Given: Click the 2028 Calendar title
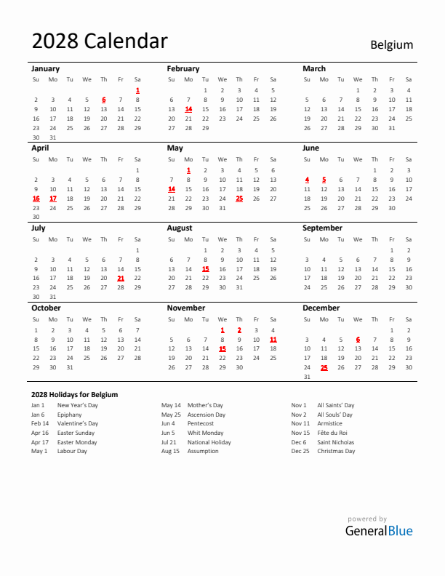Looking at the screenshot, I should pos(100,41).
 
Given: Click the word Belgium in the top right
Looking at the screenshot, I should pos(391,44).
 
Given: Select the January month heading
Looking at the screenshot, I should pos(46,68).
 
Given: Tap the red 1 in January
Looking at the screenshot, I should pos(137,90).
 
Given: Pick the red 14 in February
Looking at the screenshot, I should pos(188,109).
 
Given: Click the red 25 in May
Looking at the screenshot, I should pos(239,198).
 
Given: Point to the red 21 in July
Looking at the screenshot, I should pos(121,278).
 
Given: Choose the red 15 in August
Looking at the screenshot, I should pos(205,268).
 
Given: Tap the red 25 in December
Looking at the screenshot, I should pos(324,367).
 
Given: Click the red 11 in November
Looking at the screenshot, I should pos(273,339).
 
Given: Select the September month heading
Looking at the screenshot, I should pos(322,228).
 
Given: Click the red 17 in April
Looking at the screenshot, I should pos(52,198).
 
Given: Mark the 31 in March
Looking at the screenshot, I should pos(392,128).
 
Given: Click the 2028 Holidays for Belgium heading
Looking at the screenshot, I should pos(74,394).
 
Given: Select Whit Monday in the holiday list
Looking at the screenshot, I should pos(205,433).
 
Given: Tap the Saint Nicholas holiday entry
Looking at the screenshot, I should pos(336,442).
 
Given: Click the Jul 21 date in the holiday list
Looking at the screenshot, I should pos(169,442).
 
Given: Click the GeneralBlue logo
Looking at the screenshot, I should pos(378,530).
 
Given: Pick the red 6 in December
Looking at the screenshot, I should pos(358,339).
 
